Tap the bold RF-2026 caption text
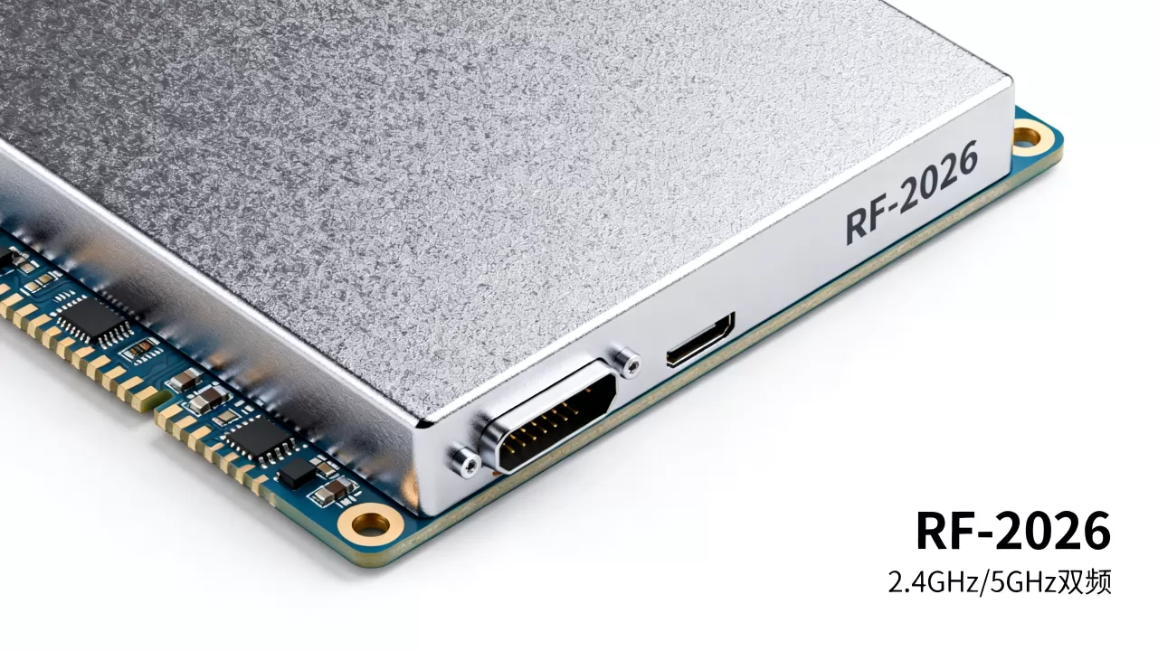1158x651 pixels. coord(1013,531)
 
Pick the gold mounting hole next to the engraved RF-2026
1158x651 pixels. coord(1027,137)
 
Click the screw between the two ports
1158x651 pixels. coord(627,363)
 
